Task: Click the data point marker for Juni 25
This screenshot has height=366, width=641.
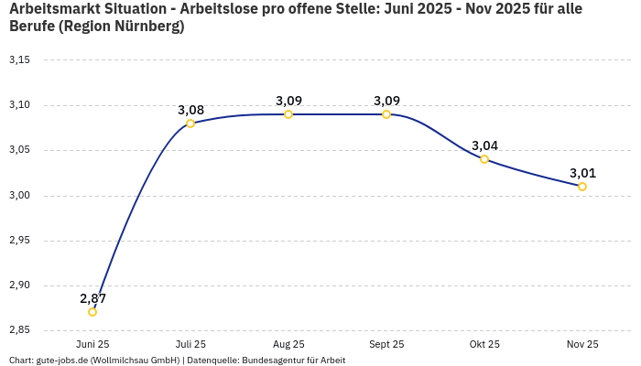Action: [x=92, y=312]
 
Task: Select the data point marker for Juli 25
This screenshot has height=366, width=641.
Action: [x=190, y=124]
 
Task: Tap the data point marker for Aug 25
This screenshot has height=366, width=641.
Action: [x=288, y=114]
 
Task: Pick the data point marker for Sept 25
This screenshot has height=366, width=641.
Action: [x=386, y=114]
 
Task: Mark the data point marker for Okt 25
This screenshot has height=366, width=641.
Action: [x=484, y=159]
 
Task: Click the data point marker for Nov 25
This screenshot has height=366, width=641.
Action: [x=582, y=187]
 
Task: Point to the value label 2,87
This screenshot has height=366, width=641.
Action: [x=92, y=298]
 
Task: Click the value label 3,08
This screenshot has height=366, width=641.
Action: [x=190, y=110]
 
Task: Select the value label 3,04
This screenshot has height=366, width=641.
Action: [x=484, y=145]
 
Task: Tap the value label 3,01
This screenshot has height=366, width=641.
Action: [x=582, y=173]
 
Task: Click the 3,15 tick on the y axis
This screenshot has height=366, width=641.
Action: [x=19, y=60]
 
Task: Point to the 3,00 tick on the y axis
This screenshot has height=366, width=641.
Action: [x=19, y=196]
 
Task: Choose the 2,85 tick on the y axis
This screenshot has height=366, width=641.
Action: [x=19, y=329]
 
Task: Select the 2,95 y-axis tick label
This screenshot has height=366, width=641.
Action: [x=19, y=241]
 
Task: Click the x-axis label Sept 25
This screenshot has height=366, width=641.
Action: [x=386, y=344]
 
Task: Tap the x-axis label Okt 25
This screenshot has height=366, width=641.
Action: [x=484, y=344]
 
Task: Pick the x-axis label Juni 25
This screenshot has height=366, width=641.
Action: [x=92, y=344]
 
